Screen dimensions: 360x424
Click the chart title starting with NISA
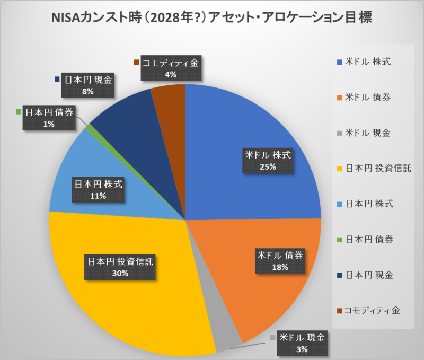tap(211, 17)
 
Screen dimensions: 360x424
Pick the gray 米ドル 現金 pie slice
tap(223, 339)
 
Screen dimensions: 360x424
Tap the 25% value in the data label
tap(268, 166)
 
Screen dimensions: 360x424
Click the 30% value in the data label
tap(120, 273)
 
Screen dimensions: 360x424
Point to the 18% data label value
tap(280, 267)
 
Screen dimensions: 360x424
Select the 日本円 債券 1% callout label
tap(48, 118)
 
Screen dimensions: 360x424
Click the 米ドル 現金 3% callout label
tap(302, 343)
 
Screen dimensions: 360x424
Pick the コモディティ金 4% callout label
tap(170, 69)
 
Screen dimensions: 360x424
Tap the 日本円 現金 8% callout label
tap(88, 85)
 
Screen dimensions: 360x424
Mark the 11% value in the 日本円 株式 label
tap(99, 196)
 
